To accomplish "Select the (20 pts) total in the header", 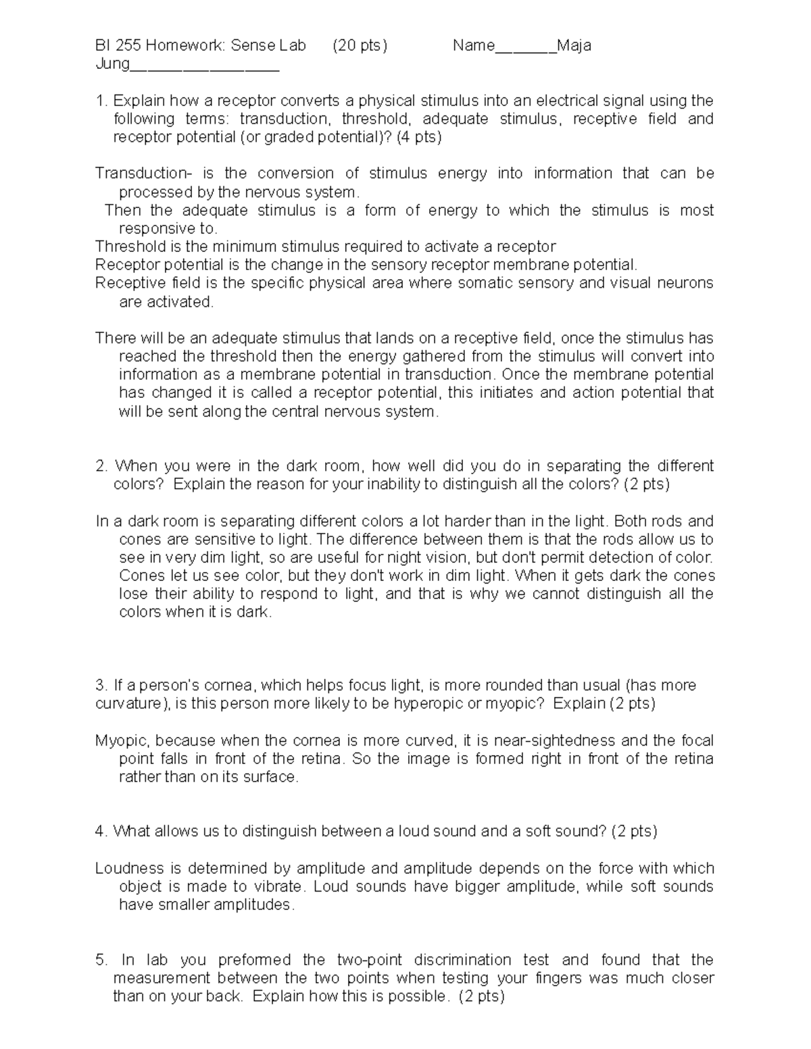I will [360, 46].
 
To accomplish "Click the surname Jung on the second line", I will [112, 65].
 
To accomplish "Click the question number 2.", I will [101, 466].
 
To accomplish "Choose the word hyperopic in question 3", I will [429, 704].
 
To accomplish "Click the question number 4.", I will [101, 831].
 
